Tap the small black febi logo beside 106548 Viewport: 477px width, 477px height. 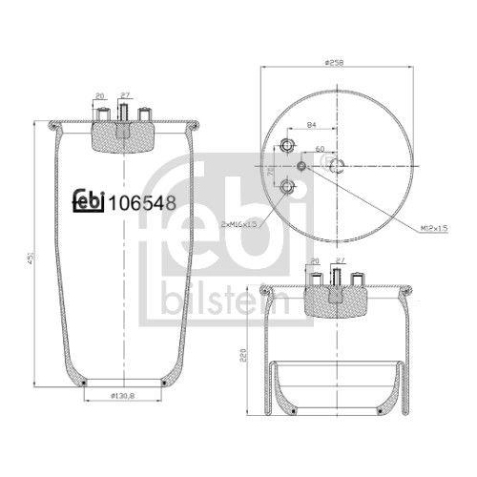point(91,201)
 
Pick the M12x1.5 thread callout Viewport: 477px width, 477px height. point(433,228)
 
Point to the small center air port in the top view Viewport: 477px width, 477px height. point(303,166)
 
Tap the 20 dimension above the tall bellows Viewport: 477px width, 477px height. point(100,96)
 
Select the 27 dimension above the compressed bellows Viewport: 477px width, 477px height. point(341,260)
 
